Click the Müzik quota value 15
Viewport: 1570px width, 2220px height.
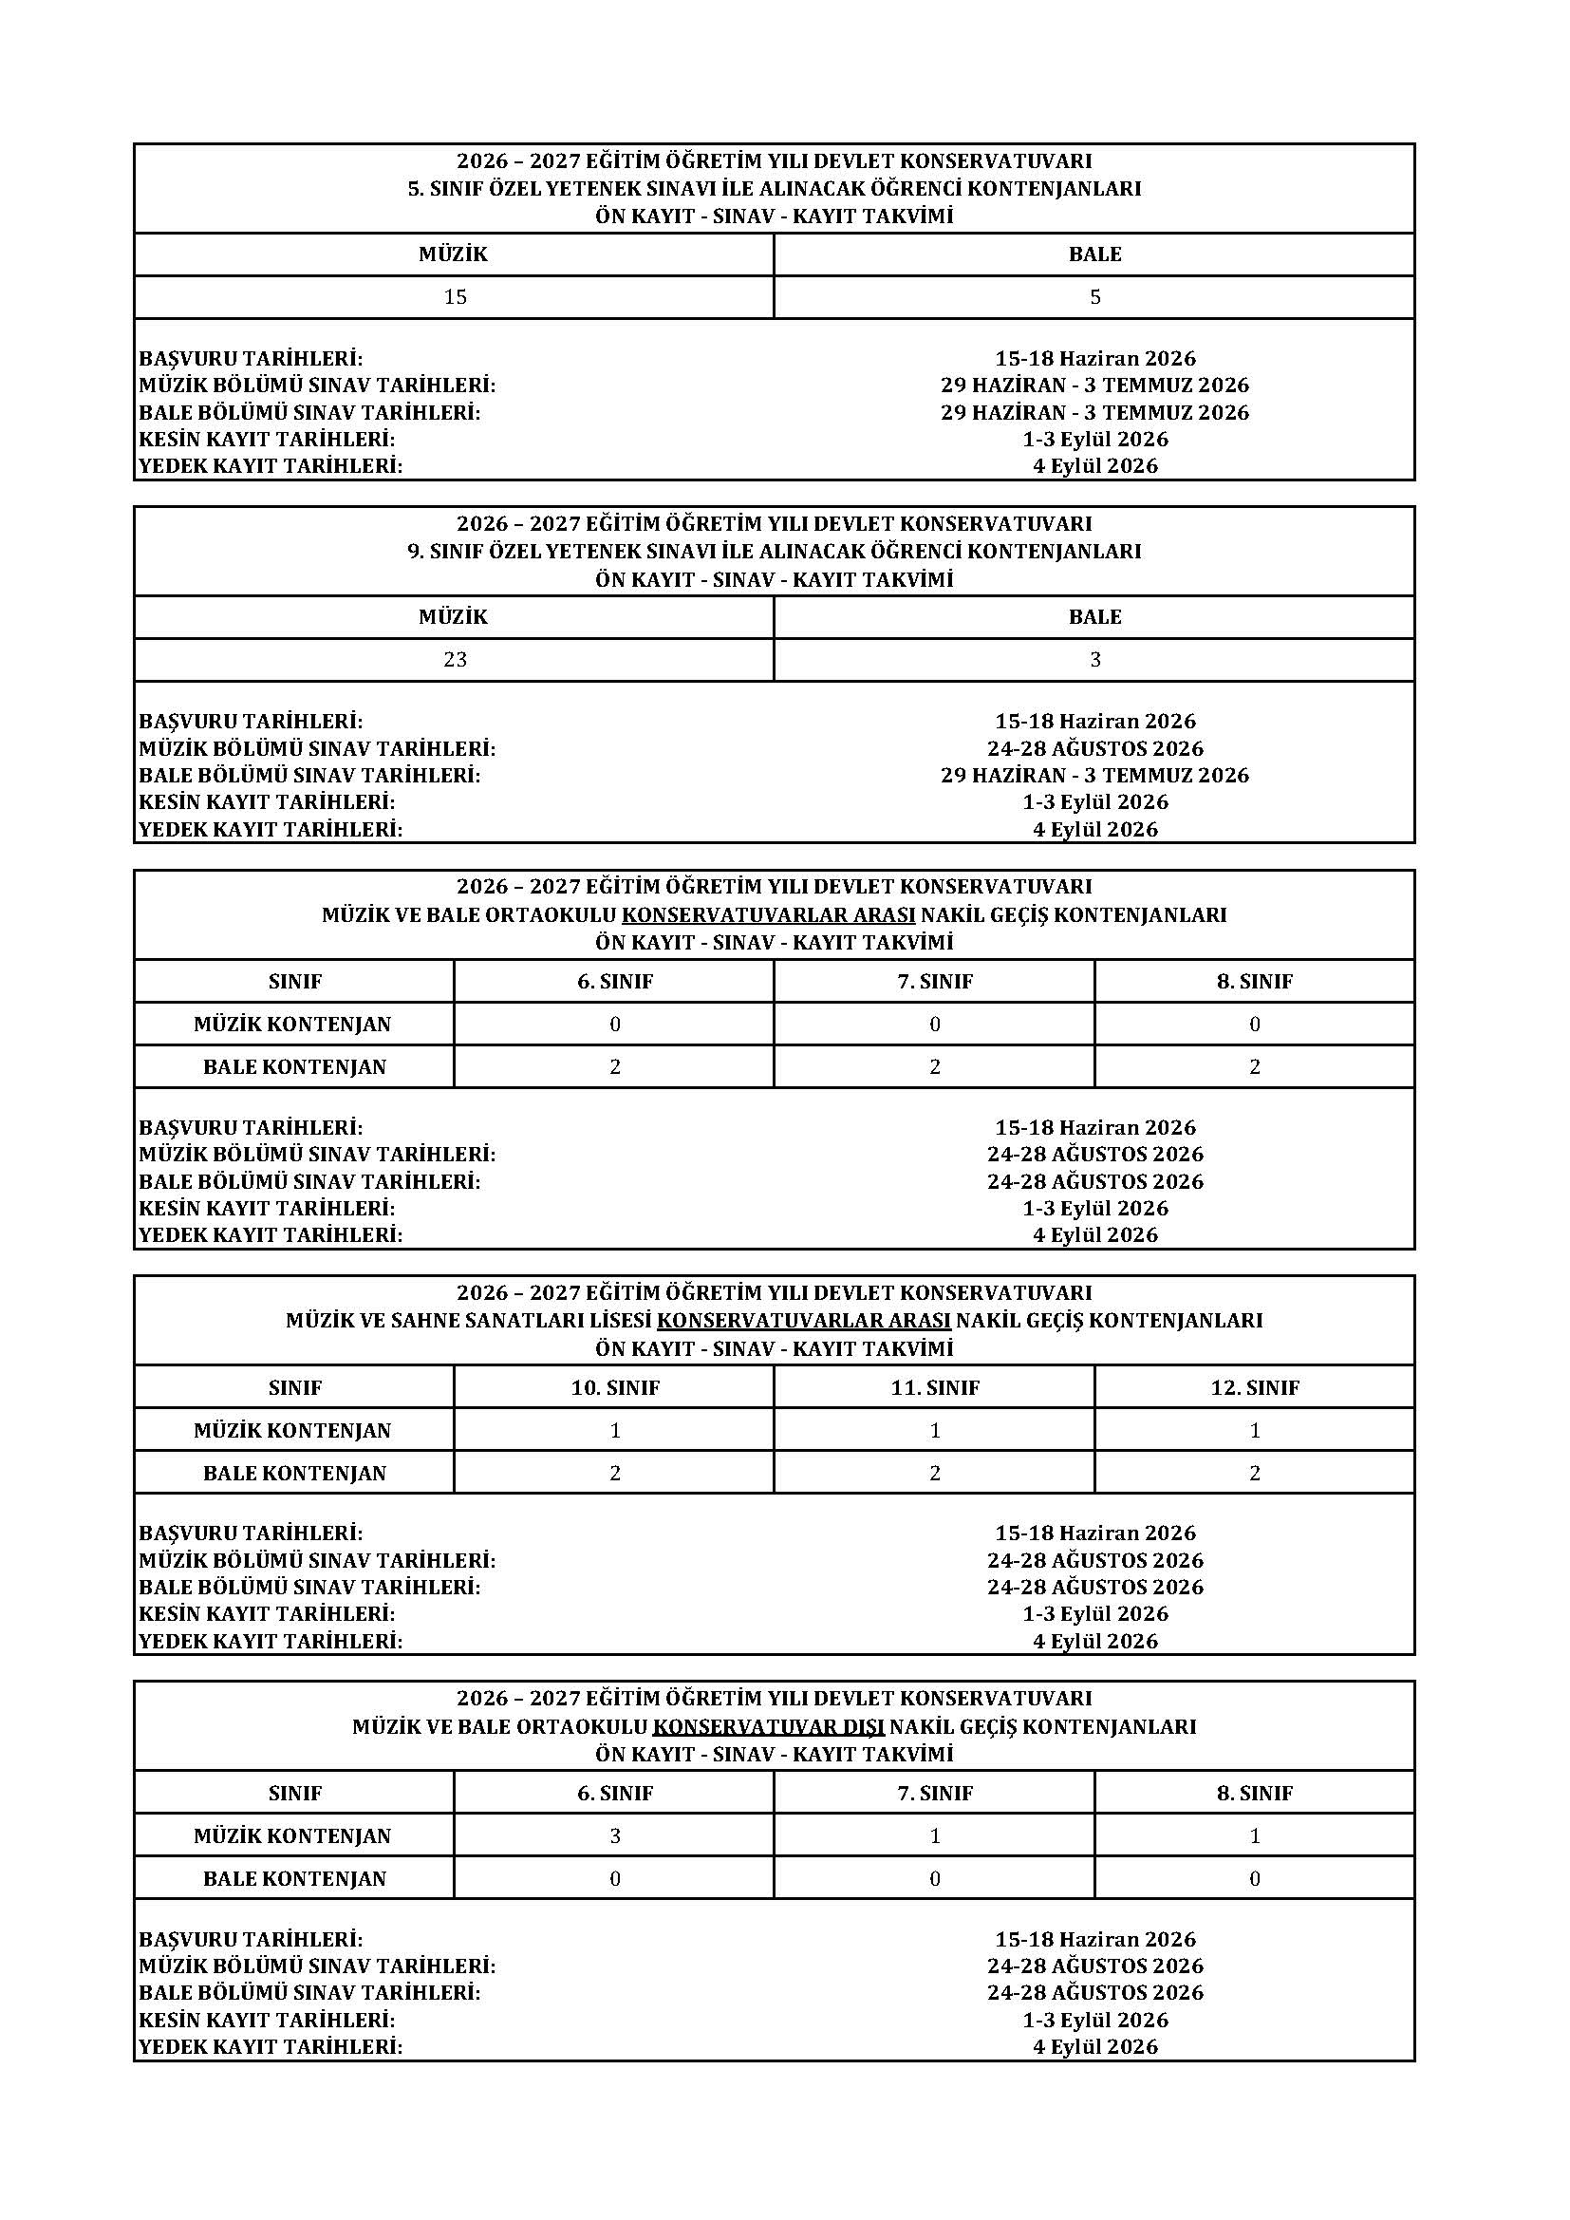point(455,297)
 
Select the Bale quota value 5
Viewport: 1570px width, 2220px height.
point(1094,297)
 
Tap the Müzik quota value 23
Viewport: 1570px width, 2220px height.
point(455,659)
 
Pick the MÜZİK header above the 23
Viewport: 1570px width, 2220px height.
point(454,617)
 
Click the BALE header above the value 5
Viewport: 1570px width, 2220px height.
point(1094,254)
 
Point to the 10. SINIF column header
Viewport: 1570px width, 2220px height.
point(615,1387)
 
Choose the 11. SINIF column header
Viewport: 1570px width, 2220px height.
point(935,1387)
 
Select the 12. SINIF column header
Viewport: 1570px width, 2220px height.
point(1255,1387)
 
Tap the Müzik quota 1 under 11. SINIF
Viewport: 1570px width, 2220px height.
point(935,1430)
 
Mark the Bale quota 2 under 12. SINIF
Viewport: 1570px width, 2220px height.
point(1255,1473)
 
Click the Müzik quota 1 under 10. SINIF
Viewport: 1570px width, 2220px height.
point(615,1430)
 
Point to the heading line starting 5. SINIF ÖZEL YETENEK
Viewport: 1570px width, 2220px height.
point(775,189)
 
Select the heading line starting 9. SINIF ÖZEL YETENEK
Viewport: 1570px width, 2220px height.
point(775,551)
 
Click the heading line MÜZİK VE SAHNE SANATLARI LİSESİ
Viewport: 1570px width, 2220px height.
point(775,1320)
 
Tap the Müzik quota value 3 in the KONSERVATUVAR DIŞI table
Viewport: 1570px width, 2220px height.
point(615,1836)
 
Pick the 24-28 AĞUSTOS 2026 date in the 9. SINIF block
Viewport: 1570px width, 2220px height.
point(1094,748)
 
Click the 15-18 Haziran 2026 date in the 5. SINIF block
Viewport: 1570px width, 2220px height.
point(1094,359)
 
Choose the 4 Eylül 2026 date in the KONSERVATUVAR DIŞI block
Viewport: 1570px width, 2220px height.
point(1094,2046)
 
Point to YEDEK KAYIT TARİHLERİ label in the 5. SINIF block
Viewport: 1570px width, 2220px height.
point(271,466)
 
